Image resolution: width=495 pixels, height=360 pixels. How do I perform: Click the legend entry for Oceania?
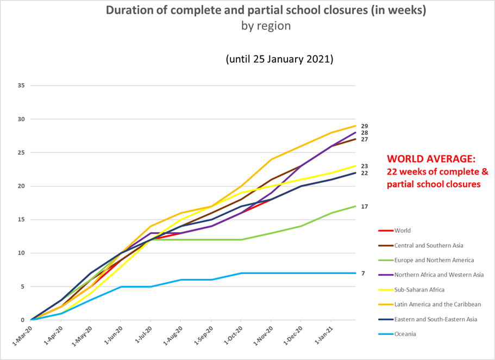pyautogui.click(x=405, y=334)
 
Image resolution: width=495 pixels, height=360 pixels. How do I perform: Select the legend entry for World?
pyautogui.click(x=403, y=231)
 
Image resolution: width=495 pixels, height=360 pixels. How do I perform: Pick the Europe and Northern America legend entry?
pyautogui.click(x=434, y=260)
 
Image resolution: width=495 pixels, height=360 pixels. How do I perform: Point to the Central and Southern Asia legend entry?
pyautogui.click(x=429, y=245)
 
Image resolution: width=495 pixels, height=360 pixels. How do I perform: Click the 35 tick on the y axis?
pyautogui.click(x=21, y=85)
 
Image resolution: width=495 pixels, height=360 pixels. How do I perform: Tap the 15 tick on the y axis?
pyautogui.click(x=21, y=219)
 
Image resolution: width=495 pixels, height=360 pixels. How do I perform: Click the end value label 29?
pyautogui.click(x=364, y=126)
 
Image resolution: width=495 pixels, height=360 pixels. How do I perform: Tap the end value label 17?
pyautogui.click(x=364, y=207)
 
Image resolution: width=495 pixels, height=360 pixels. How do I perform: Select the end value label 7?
pyautogui.click(x=362, y=273)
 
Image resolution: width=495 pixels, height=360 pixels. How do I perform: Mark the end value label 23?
pyautogui.click(x=364, y=166)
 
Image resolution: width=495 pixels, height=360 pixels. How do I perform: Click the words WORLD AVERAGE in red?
pyautogui.click(x=431, y=159)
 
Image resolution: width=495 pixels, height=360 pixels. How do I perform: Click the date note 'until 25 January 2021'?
pyautogui.click(x=279, y=59)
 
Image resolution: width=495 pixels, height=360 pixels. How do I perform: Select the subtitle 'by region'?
pyautogui.click(x=266, y=26)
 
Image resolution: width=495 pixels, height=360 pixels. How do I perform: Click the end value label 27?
pyautogui.click(x=364, y=140)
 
